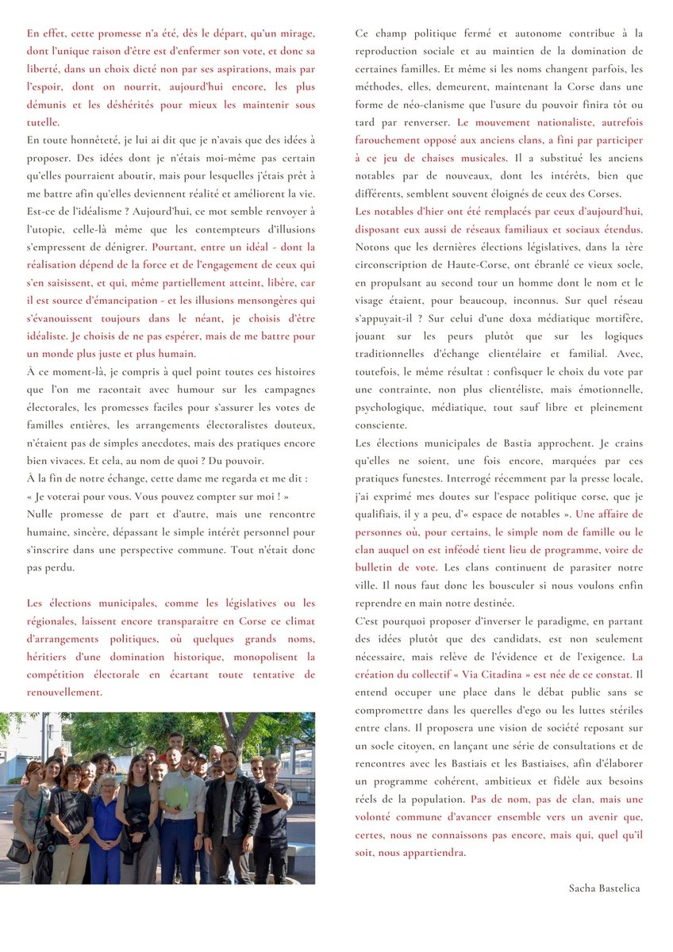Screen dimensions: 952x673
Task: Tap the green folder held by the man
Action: pyautogui.click(x=177, y=797)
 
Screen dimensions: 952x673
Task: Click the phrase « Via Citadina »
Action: pyautogui.click(x=504, y=675)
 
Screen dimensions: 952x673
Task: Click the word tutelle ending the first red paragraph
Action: pyautogui.click(x=42, y=122)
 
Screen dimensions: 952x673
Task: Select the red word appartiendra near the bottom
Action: pyautogui.click(x=433, y=853)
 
